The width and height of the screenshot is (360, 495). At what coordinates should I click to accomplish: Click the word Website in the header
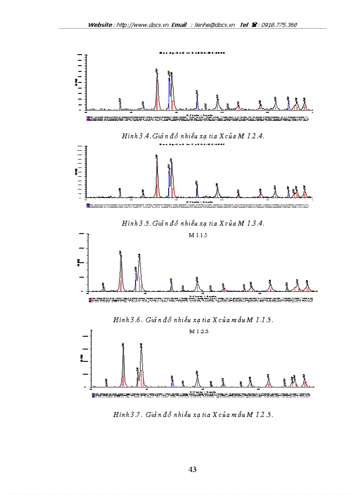coord(100,25)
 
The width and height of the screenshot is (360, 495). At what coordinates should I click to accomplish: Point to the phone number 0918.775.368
coord(279,25)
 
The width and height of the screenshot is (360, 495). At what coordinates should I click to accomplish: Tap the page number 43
coord(192,469)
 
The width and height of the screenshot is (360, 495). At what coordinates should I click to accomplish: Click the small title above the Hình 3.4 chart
coord(192,52)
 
